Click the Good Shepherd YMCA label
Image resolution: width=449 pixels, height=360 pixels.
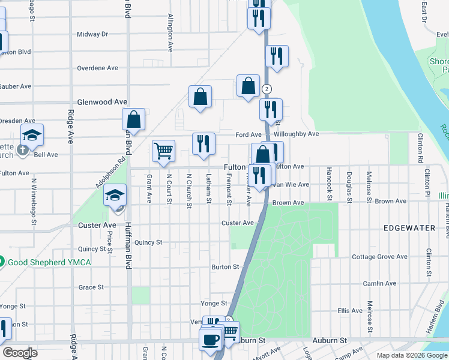pyautogui.click(x=45, y=262)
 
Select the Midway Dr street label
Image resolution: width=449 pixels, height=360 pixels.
pyautogui.click(x=92, y=34)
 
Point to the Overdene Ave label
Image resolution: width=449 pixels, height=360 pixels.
pyautogui.click(x=97, y=68)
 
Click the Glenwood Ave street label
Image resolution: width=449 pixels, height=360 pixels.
pyautogui.click(x=103, y=103)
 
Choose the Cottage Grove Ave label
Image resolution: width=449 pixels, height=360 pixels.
pyautogui.click(x=379, y=257)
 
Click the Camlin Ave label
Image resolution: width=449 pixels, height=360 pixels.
pyautogui.click(x=379, y=283)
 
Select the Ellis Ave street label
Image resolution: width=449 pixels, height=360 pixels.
pyautogui.click(x=350, y=311)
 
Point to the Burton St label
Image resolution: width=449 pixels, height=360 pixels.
pyautogui.click(x=225, y=266)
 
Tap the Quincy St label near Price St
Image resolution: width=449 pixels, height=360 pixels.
pyautogui.click(x=91, y=249)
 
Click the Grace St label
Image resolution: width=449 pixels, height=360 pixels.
pyautogui.click(x=91, y=287)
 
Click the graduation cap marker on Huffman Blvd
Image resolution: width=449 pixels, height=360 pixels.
pyautogui.click(x=115, y=195)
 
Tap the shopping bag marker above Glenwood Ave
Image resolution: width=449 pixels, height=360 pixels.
pyautogui.click(x=200, y=97)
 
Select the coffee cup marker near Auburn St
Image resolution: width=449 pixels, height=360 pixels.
pyautogui.click(x=210, y=340)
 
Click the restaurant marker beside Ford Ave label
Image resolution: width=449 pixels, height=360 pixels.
pyautogui.click(x=203, y=144)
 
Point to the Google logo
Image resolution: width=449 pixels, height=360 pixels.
pyautogui.click(x=20, y=353)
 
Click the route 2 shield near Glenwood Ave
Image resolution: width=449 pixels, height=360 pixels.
pyautogui.click(x=267, y=88)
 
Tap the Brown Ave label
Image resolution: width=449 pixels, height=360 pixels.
pyautogui.click(x=288, y=203)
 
